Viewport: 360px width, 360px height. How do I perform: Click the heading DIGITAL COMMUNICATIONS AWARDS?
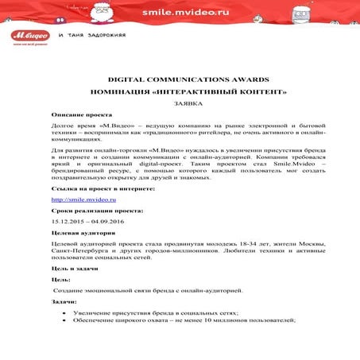183,81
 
